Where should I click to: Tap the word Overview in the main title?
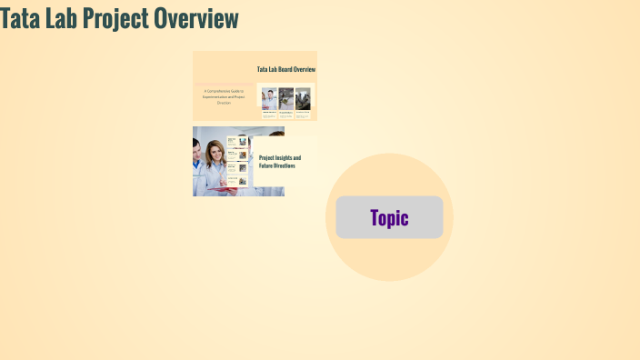click(x=196, y=18)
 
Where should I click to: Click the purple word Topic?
click(x=389, y=218)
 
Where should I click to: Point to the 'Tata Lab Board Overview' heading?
click(x=286, y=69)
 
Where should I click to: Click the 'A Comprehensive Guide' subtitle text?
click(x=224, y=97)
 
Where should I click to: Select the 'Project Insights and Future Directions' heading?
click(x=280, y=162)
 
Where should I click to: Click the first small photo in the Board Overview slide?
click(x=269, y=98)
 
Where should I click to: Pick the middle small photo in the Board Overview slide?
click(x=285, y=98)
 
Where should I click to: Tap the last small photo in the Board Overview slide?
click(x=303, y=98)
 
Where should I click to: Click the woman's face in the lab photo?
click(x=216, y=156)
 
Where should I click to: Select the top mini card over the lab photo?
click(x=237, y=142)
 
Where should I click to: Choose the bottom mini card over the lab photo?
click(x=237, y=181)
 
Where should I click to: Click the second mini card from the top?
click(x=237, y=155)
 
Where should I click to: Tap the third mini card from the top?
click(x=237, y=168)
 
